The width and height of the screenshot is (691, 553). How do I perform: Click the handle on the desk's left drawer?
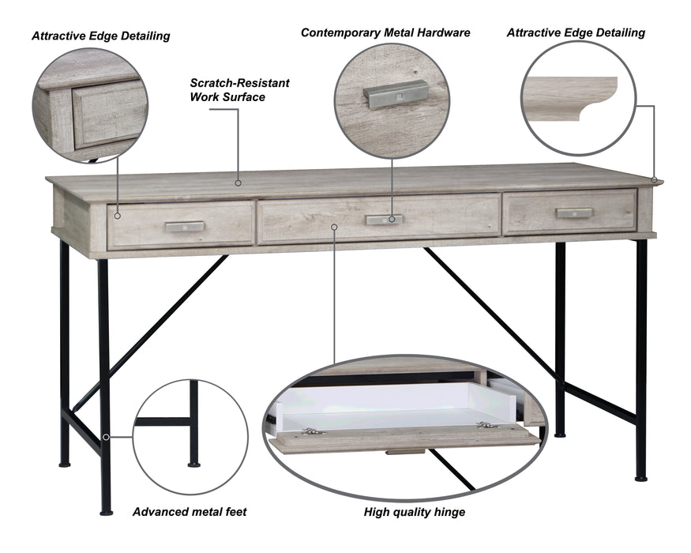[185, 227]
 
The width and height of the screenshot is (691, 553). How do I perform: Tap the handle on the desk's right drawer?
[574, 213]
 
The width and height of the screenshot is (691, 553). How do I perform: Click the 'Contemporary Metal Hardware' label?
[385, 32]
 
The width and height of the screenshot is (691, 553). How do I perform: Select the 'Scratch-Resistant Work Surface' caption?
[239, 90]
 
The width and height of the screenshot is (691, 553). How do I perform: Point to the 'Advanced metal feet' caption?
[190, 512]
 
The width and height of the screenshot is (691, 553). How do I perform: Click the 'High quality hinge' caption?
[415, 512]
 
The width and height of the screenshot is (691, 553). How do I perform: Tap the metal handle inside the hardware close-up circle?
[396, 94]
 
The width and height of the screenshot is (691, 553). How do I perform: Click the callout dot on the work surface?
[238, 182]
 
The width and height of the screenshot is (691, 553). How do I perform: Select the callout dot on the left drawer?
[117, 216]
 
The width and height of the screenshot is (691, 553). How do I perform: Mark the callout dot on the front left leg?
[106, 437]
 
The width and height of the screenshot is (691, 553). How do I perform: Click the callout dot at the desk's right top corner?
[655, 180]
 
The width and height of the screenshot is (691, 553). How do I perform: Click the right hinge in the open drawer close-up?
[487, 425]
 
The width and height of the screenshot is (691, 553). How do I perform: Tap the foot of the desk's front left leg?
[106, 513]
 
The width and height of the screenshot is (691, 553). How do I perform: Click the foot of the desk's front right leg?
[641, 478]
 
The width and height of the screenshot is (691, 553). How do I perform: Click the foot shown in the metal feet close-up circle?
[194, 465]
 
